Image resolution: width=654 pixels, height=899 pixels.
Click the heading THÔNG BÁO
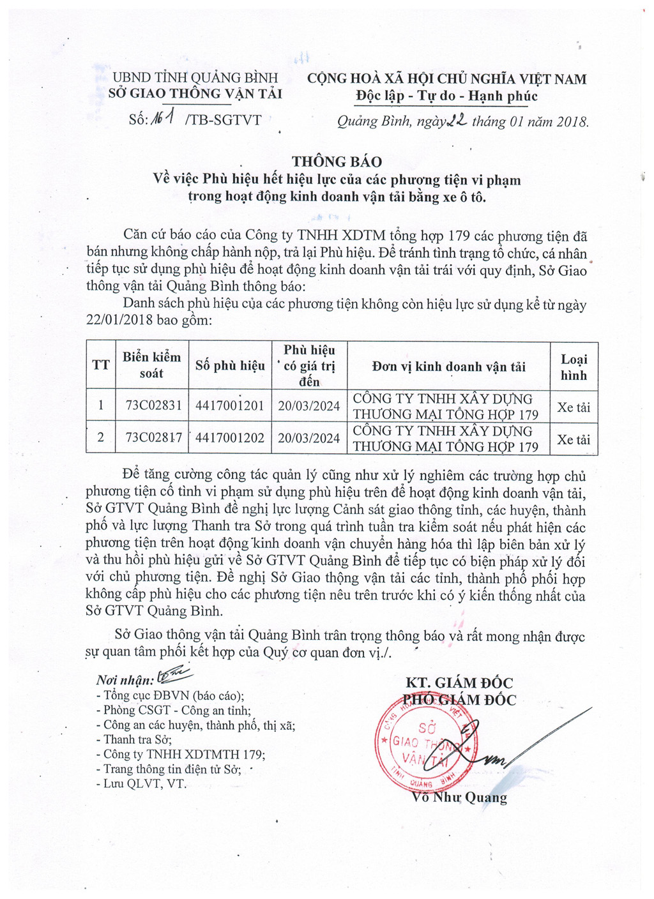(337, 162)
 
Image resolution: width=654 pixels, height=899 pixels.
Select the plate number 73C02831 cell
(154, 405)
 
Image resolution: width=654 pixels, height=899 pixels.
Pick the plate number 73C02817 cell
(154, 438)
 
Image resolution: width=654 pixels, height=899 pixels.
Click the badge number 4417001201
(230, 405)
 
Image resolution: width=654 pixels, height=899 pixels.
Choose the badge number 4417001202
(230, 438)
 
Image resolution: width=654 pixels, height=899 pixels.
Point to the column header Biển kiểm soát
(152, 365)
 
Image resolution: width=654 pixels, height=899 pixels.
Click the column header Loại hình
(574, 367)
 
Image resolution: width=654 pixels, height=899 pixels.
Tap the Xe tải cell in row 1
(574, 407)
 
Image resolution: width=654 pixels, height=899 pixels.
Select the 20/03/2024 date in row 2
(309, 439)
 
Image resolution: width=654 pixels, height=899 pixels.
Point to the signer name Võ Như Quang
(460, 797)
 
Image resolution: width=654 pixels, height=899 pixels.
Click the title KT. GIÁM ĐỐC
(459, 683)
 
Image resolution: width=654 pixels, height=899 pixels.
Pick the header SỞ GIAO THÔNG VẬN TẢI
(195, 94)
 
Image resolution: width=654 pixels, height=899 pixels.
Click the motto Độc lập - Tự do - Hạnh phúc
(446, 96)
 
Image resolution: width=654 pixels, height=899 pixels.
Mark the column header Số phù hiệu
(230, 366)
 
